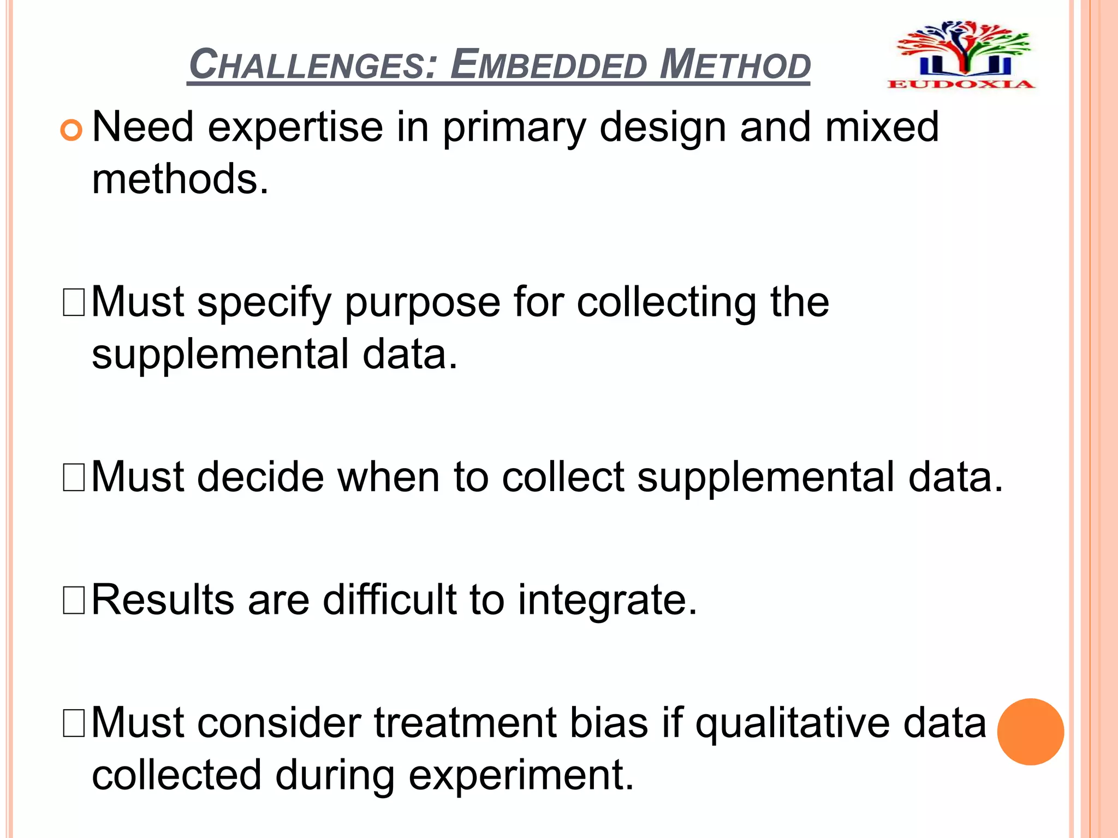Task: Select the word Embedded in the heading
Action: (x=549, y=64)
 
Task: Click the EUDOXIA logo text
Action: (x=961, y=84)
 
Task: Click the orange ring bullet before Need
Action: (x=71, y=130)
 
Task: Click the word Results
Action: (x=163, y=600)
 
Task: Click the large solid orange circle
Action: (x=1030, y=732)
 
